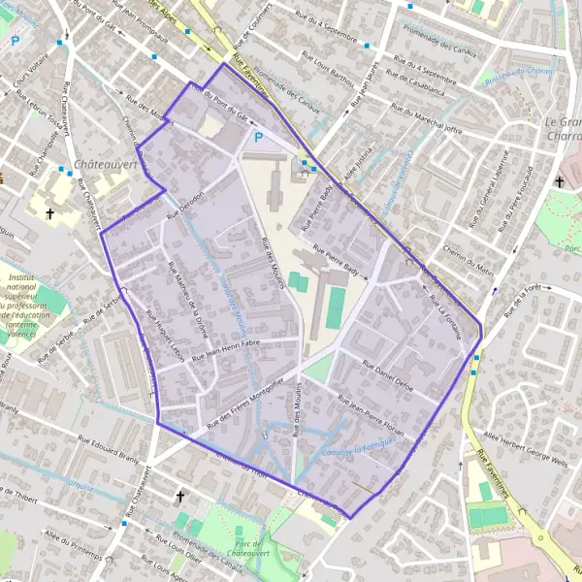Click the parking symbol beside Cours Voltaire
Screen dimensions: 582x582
point(16,42)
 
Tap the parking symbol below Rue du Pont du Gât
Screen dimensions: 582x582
point(258,139)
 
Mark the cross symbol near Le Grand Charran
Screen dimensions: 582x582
point(560,181)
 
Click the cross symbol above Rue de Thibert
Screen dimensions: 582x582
point(178,497)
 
